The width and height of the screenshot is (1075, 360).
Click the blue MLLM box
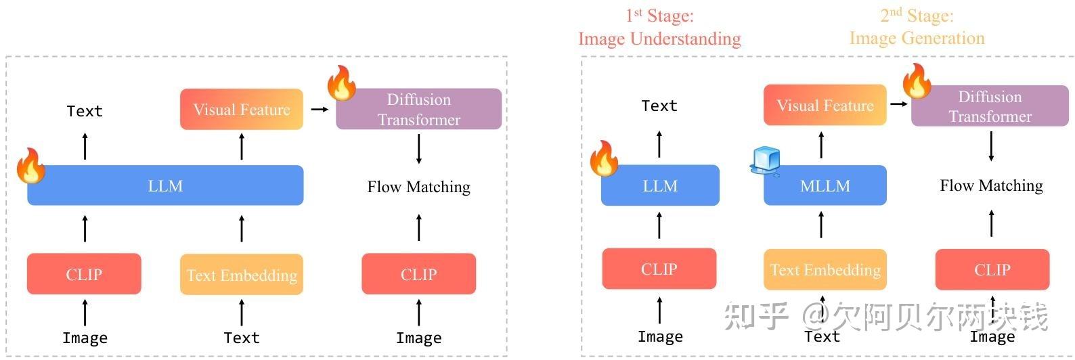tap(825, 185)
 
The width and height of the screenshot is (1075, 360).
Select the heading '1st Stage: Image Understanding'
tap(659, 27)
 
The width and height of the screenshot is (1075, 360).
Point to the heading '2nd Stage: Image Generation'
tap(917, 27)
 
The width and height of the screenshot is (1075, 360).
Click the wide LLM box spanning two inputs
tap(165, 185)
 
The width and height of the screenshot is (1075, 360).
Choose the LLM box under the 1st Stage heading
tap(660, 185)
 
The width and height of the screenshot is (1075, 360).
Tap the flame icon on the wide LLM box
tap(30, 166)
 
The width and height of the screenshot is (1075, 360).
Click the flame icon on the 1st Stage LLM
tap(604, 159)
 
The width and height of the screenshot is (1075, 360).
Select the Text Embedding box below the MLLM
tap(825, 269)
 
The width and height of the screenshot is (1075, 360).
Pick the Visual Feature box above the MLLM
tap(825, 105)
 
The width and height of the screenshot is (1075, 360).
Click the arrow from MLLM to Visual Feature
tap(822, 145)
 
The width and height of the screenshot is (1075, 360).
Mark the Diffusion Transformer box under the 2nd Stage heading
tap(990, 106)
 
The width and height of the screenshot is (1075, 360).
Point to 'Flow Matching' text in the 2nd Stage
tap(991, 185)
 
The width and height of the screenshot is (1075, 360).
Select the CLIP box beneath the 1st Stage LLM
tap(659, 269)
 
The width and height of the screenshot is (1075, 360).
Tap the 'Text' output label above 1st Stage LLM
tap(659, 106)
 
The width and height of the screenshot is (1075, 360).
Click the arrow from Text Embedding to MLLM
tap(822, 225)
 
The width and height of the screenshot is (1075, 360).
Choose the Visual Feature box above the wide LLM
tap(242, 109)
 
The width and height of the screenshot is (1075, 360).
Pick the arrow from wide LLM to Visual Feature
tap(242, 147)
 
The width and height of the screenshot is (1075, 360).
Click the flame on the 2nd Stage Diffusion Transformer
tap(917, 81)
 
